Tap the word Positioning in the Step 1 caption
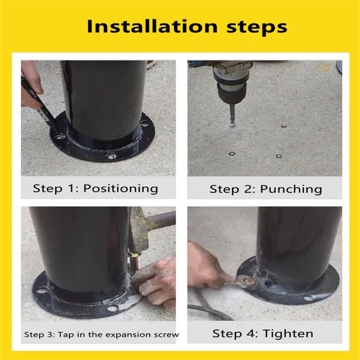coord(121,189)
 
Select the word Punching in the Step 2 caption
coord(291,189)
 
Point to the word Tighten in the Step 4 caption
coord(288,334)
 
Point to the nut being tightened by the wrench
coord(249,280)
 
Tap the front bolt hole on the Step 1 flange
coord(110,156)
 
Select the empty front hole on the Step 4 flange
coord(308,298)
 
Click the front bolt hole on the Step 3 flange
coord(113,308)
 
